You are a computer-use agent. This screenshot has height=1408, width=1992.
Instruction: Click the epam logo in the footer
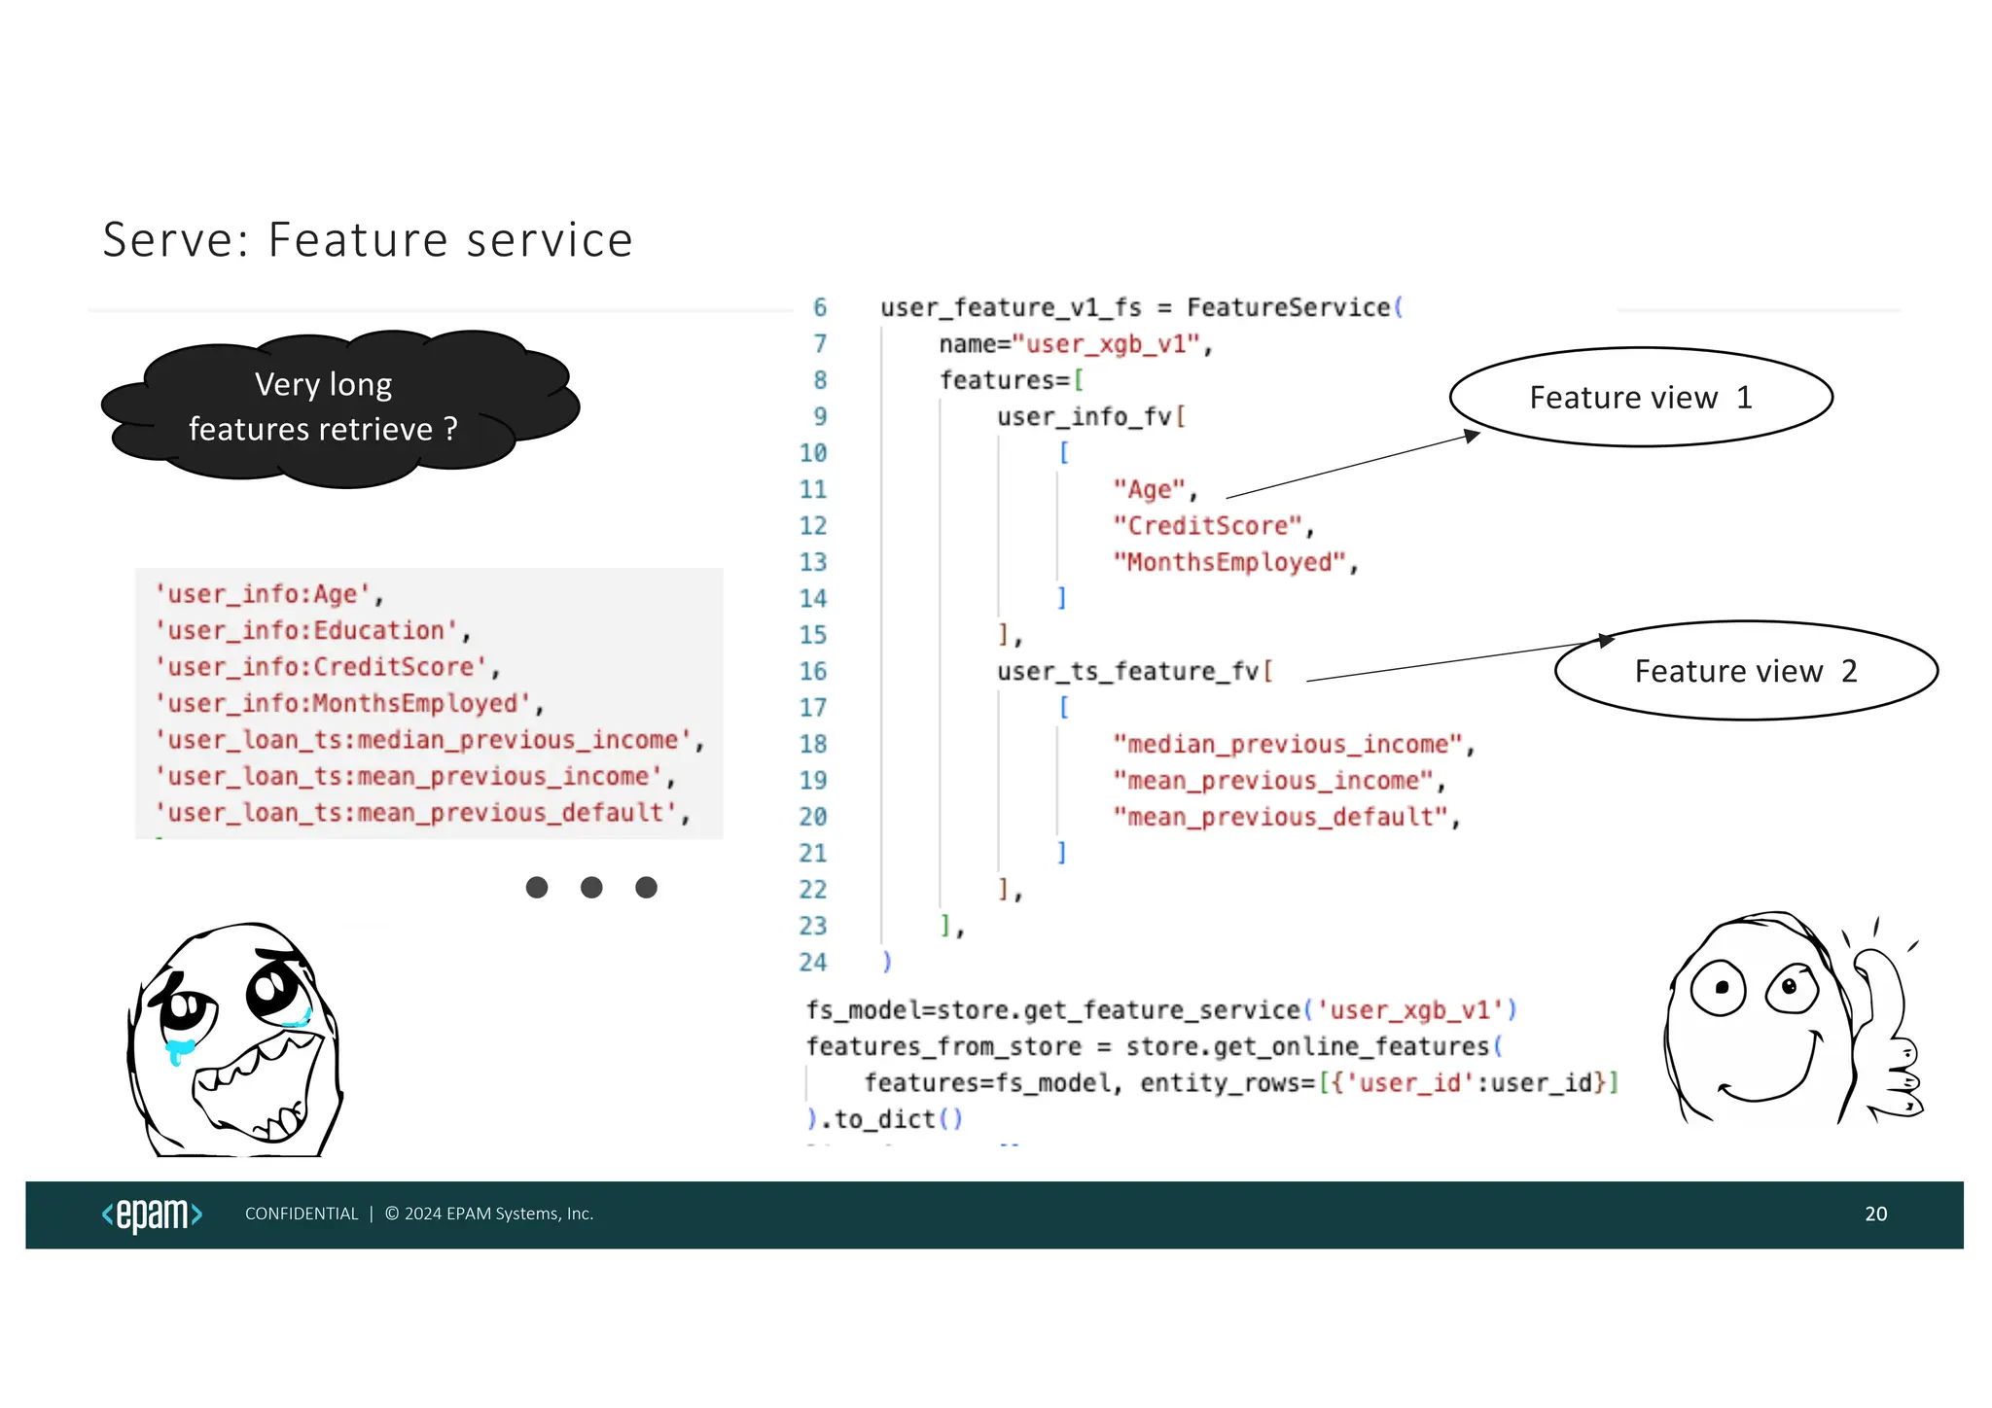(x=153, y=1214)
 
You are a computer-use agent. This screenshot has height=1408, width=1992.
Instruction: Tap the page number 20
(x=1875, y=1214)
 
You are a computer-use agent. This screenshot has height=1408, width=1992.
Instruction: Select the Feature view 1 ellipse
(x=1641, y=397)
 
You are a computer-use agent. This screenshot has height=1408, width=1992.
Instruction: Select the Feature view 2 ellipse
(x=1746, y=671)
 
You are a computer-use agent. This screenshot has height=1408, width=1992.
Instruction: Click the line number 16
(x=813, y=671)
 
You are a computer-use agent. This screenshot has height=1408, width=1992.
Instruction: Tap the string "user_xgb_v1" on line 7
(x=1107, y=344)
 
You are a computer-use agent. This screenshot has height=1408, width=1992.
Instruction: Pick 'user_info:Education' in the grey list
(x=306, y=631)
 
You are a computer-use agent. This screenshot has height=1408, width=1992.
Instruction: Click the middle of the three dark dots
(x=591, y=887)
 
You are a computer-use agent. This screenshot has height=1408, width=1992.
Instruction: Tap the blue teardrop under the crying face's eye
(x=177, y=1051)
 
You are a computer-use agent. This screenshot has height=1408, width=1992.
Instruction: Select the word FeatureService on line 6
(x=1288, y=308)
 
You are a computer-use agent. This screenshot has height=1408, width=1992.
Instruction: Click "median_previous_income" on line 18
(x=1287, y=745)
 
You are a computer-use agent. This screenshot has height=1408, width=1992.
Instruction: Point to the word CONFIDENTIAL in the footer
(x=302, y=1214)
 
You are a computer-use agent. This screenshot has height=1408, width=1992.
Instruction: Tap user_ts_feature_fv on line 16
(x=1127, y=672)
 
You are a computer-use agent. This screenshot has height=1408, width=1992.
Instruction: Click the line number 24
(x=813, y=963)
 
